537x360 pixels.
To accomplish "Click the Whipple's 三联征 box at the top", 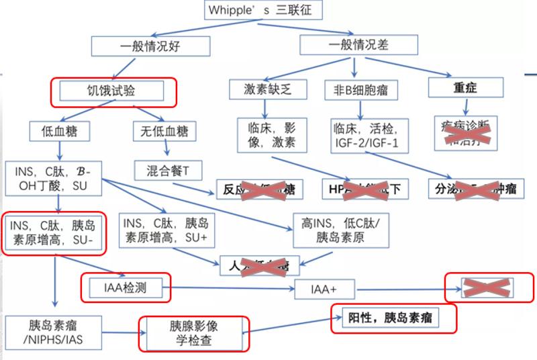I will [263, 10].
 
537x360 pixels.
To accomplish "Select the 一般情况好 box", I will [152, 45].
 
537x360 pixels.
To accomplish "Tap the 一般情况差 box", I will [358, 44].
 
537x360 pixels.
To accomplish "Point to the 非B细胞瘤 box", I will [361, 89].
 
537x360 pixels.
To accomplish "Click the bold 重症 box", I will [466, 88].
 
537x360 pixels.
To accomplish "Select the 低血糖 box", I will [59, 132].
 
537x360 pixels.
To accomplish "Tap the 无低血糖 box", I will [164, 131].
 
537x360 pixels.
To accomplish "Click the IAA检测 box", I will [126, 289].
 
